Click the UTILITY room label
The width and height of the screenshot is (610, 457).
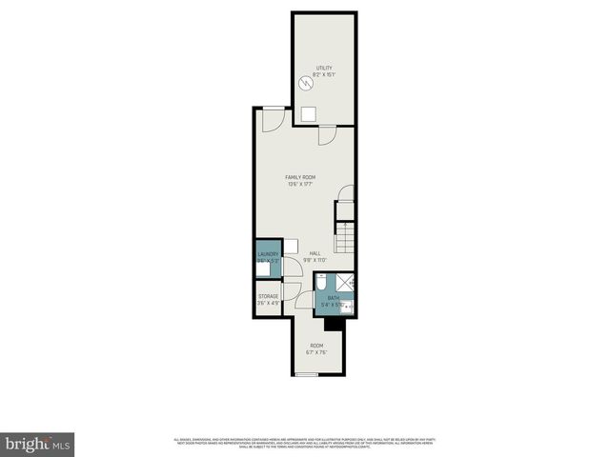pyautogui.click(x=324, y=68)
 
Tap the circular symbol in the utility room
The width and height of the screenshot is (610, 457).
pyautogui.click(x=306, y=83)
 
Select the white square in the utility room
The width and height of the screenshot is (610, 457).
pyautogui.click(x=308, y=114)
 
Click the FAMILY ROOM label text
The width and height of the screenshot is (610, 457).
pyautogui.click(x=301, y=178)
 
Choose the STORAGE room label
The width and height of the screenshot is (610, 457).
pyautogui.click(x=268, y=296)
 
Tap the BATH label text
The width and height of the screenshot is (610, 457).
pyautogui.click(x=333, y=299)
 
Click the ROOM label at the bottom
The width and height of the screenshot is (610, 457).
pyautogui.click(x=315, y=346)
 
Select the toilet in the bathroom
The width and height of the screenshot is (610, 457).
pyautogui.click(x=321, y=282)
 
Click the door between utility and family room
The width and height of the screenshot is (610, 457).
pyautogui.click(x=325, y=135)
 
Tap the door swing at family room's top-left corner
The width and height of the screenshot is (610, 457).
pyautogui.click(x=270, y=120)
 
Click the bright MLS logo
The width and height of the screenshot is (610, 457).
pyautogui.click(x=37, y=444)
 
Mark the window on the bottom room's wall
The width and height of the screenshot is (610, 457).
pyautogui.click(x=305, y=374)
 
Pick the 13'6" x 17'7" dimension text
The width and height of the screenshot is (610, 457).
pyautogui.click(x=301, y=185)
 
